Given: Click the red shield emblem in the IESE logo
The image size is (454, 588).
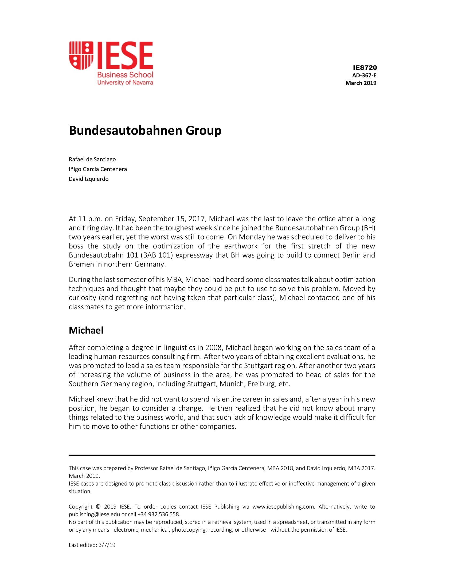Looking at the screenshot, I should point(81,55).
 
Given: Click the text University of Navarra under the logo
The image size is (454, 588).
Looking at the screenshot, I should point(125,82).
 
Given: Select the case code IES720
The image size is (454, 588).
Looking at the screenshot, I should point(365,68).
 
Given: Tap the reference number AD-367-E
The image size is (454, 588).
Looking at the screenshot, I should point(364,75).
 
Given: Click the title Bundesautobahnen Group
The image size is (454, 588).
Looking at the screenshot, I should point(145,130).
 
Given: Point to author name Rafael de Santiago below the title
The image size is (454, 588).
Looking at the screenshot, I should point(92,159).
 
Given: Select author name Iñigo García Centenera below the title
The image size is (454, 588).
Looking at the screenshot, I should point(98,169).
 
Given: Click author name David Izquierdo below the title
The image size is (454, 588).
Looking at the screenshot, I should point(88,179).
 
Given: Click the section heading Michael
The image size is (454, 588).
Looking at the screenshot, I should point(86,330).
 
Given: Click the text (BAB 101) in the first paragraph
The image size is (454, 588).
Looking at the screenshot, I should point(156,255).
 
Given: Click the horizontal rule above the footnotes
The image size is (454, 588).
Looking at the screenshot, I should point(222,455).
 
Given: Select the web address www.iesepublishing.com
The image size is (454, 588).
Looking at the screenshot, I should point(283,507).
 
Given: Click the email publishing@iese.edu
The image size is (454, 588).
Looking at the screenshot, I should point(94,514).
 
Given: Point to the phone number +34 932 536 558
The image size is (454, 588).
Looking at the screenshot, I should point(158,514).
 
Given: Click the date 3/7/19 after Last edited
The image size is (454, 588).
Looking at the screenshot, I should point(107,545).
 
